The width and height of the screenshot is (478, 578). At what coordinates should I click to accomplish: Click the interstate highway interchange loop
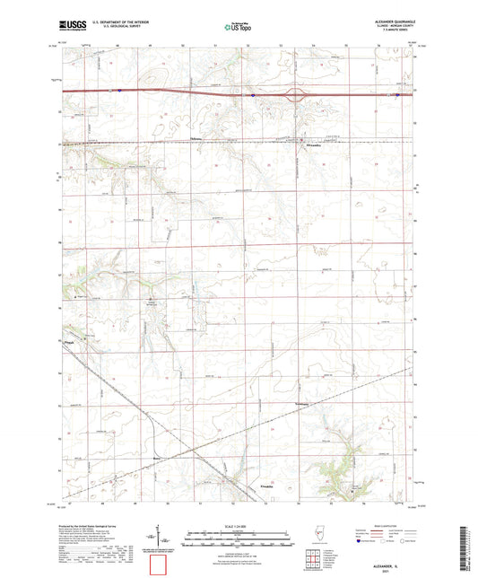point(294,92)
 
